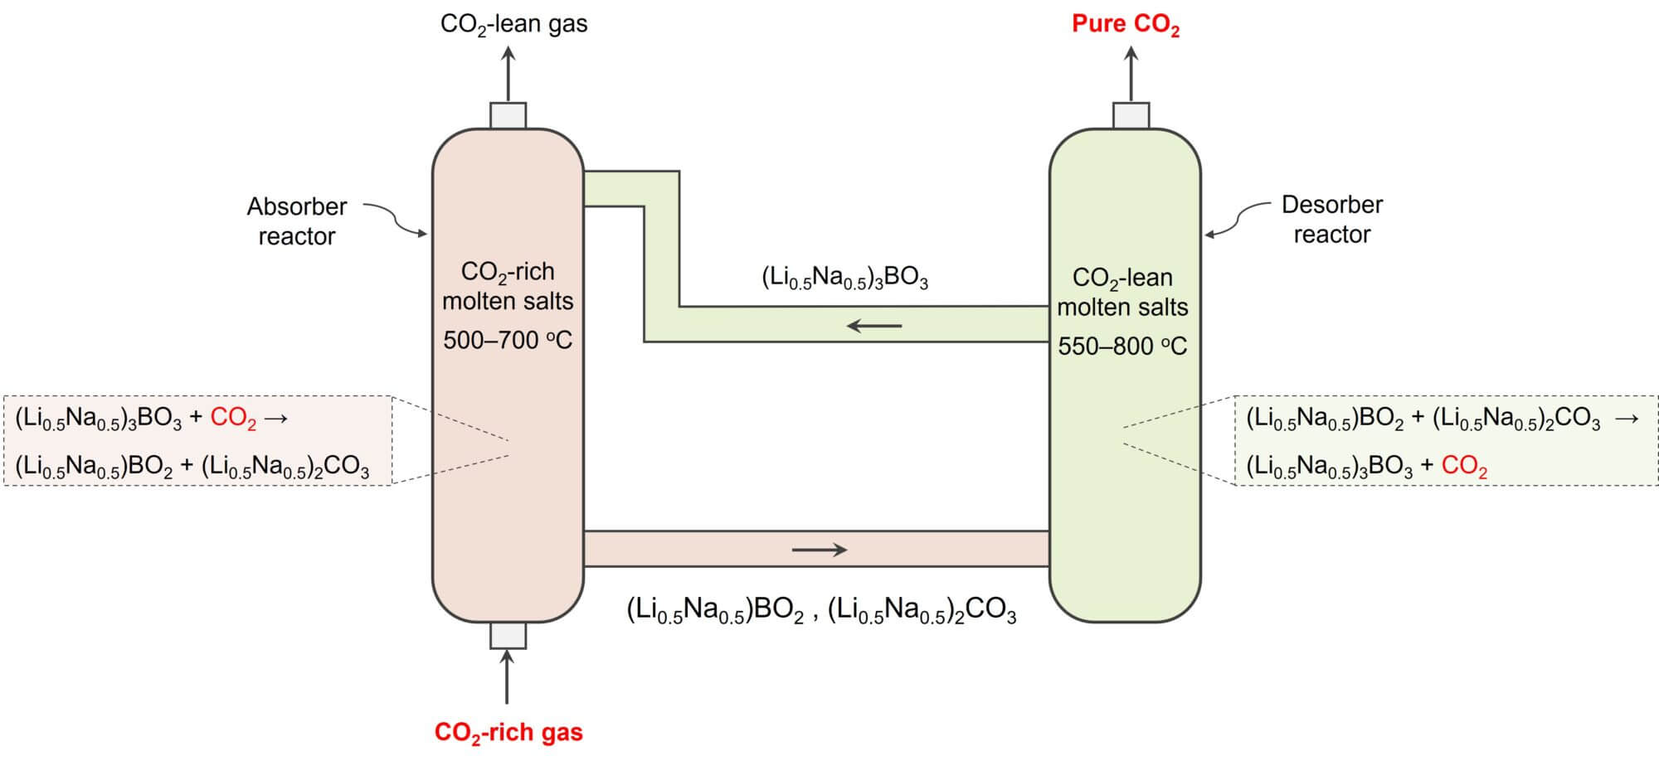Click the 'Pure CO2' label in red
[x=1125, y=24]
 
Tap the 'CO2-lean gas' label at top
[x=513, y=24]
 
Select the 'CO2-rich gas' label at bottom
[x=508, y=733]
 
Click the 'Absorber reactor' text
[x=296, y=221]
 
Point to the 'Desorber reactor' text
[x=1331, y=220]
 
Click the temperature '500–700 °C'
[x=508, y=341]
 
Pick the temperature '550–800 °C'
[x=1122, y=347]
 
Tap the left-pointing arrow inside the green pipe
[x=874, y=326]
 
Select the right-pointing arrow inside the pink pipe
[x=820, y=550]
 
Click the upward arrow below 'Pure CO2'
[x=1131, y=74]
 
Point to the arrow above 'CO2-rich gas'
[x=507, y=676]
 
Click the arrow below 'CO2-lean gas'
[x=508, y=74]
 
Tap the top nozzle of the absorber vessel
[x=508, y=115]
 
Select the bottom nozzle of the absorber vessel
[x=508, y=636]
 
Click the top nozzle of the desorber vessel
[x=1131, y=115]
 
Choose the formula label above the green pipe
[x=844, y=279]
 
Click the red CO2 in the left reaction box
[x=233, y=418]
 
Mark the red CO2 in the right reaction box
[x=1464, y=466]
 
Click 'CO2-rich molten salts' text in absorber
[x=508, y=287]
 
